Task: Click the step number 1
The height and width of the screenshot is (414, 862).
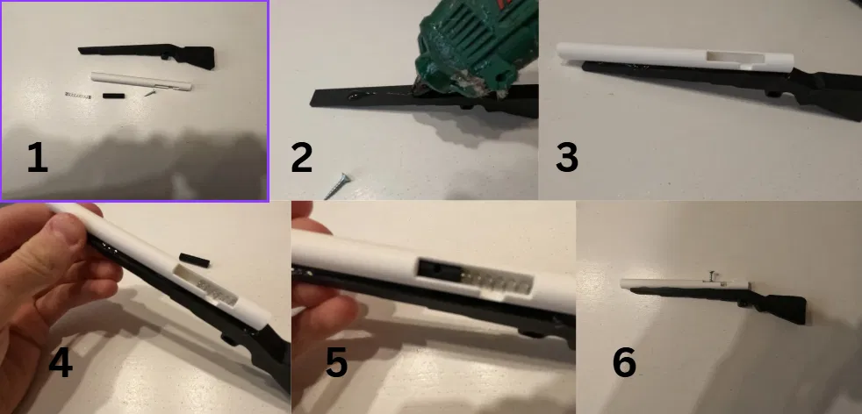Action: [x=38, y=158]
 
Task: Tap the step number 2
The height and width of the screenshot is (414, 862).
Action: [x=302, y=158]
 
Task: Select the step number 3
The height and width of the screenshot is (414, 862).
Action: [x=567, y=158]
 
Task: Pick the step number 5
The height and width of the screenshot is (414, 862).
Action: [x=336, y=362]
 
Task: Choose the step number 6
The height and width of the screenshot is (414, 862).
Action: [x=624, y=362]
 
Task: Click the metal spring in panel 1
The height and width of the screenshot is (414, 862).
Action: [x=77, y=96]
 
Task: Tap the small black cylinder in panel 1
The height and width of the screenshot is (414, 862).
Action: [x=113, y=96]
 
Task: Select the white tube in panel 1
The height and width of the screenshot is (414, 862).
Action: [x=141, y=82]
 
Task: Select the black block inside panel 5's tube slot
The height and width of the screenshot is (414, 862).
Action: [x=439, y=270]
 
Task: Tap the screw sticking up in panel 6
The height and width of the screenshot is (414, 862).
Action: [x=712, y=276]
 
